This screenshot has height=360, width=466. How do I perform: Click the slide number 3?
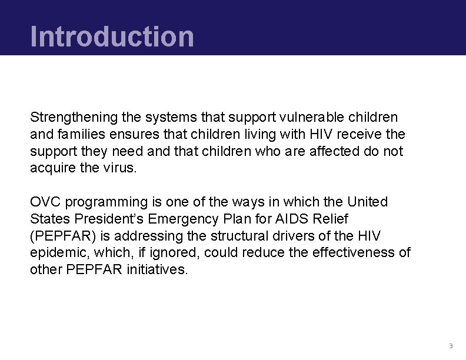click(450, 345)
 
